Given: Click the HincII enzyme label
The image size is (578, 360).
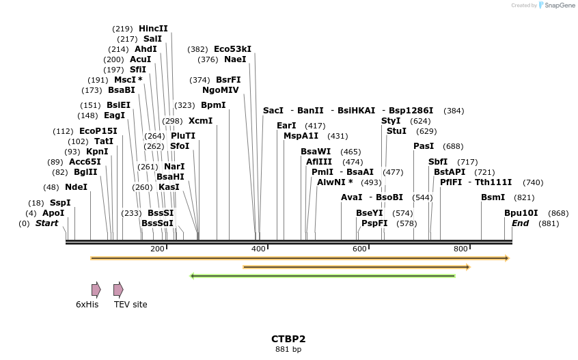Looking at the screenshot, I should click(x=153, y=29).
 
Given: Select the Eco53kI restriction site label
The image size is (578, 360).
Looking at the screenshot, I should click(x=232, y=49).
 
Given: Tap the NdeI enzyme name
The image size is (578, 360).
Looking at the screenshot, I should click(x=76, y=187).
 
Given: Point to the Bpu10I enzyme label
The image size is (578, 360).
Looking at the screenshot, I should click(x=521, y=213).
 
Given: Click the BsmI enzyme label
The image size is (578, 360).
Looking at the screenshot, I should click(x=493, y=197).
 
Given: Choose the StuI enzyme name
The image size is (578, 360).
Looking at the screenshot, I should click(x=396, y=130).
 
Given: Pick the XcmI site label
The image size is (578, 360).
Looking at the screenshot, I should click(x=200, y=121).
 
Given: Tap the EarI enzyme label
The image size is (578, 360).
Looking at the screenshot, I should click(x=286, y=126).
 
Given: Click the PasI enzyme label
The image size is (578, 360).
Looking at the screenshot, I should click(x=424, y=146).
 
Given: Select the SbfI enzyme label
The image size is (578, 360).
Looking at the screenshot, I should click(x=438, y=162).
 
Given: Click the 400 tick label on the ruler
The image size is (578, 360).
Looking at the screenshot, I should click(x=258, y=249).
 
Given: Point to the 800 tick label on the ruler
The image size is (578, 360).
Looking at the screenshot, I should click(x=460, y=249).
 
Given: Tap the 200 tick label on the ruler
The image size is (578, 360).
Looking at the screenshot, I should click(x=157, y=249).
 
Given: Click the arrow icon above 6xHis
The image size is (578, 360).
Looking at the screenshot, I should click(x=96, y=290).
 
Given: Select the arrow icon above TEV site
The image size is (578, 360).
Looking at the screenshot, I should click(x=118, y=290).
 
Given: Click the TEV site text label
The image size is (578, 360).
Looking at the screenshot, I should click(x=130, y=305).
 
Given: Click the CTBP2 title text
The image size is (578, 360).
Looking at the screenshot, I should click(x=288, y=339).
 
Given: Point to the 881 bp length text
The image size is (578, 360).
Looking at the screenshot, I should click(x=288, y=350).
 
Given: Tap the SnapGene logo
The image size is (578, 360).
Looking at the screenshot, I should click(x=557, y=5).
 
